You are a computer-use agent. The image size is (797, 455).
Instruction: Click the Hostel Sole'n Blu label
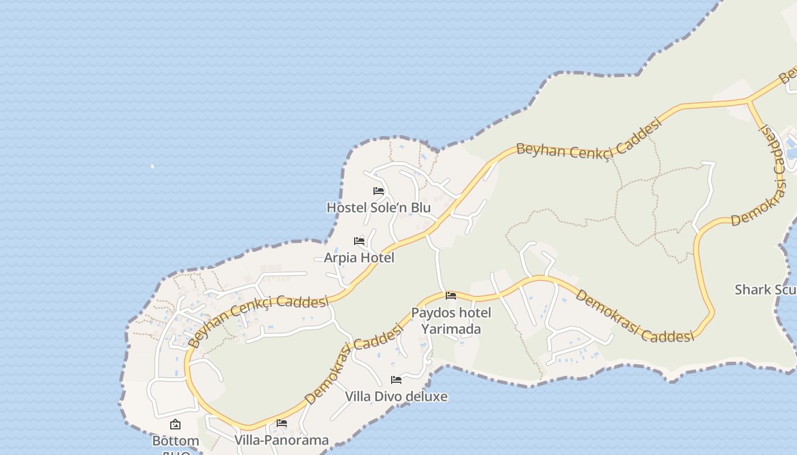point(379,208)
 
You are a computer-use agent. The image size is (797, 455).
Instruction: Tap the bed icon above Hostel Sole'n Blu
point(379,191)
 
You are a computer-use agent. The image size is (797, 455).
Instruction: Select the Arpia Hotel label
point(359,258)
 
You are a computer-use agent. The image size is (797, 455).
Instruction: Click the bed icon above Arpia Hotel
point(359,241)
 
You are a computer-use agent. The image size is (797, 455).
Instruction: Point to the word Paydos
point(430,313)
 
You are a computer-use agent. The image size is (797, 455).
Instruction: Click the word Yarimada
point(451,329)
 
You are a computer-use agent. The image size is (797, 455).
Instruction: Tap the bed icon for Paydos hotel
point(451,296)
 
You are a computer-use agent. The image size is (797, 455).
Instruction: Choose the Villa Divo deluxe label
point(396,396)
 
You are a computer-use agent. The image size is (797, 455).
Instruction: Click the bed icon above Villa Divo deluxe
point(396,380)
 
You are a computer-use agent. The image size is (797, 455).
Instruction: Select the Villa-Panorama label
point(281,440)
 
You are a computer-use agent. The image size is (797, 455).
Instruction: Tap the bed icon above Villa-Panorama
point(281,423)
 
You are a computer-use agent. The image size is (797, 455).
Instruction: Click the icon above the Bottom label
point(175,424)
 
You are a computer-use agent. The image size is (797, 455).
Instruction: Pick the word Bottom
point(175,441)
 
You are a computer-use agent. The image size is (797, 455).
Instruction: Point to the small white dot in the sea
point(152,166)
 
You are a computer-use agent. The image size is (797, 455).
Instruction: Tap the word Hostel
point(346,208)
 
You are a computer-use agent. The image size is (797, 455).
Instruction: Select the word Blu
point(421,208)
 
